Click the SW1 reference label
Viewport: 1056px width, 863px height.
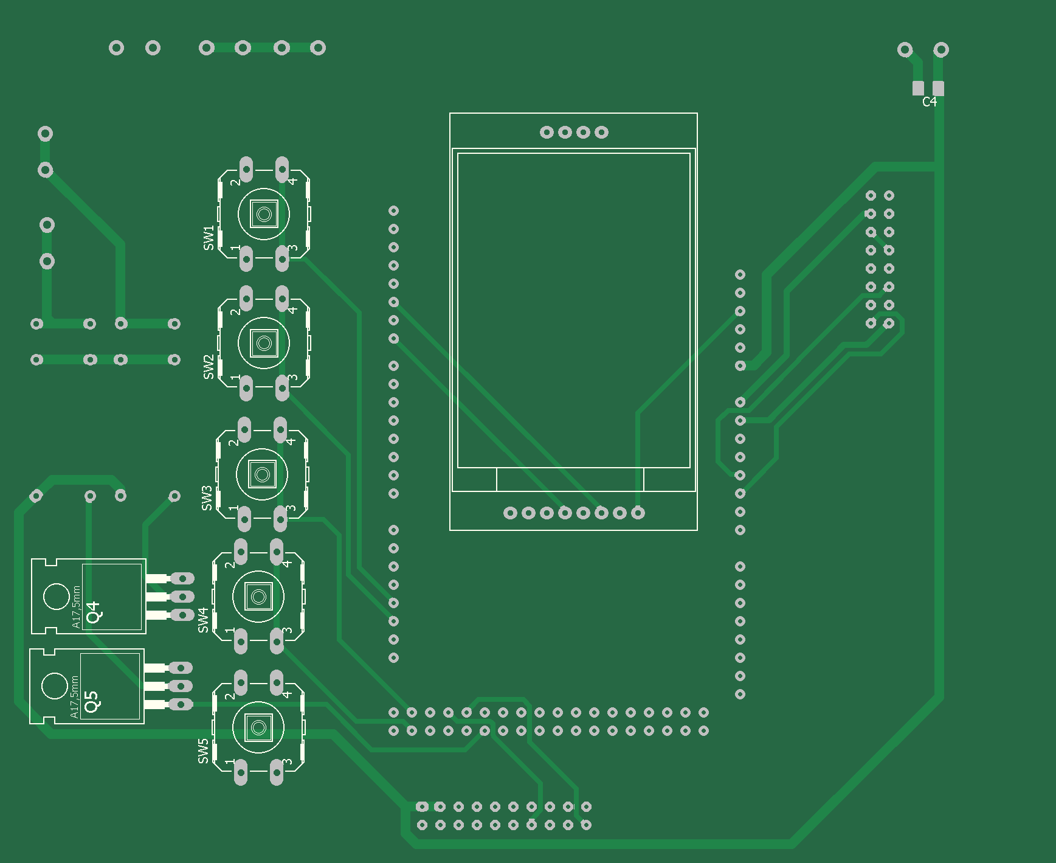[x=209, y=238]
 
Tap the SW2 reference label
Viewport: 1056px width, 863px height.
[x=209, y=367]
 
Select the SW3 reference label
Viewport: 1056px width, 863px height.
[x=207, y=498]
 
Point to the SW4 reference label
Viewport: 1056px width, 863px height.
[x=203, y=620]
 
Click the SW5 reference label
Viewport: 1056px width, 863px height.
[x=203, y=751]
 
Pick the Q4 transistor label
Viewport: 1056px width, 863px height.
[x=94, y=612]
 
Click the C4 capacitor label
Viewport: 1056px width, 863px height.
[x=930, y=102]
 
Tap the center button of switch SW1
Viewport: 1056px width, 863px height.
[x=264, y=214]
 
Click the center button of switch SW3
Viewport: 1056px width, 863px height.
[x=262, y=474]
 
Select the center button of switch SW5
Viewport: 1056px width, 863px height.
[x=258, y=727]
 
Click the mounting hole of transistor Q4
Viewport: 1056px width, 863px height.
[x=57, y=597]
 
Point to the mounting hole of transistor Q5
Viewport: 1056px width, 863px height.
[x=55, y=686]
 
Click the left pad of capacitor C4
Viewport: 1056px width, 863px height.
[x=918, y=88]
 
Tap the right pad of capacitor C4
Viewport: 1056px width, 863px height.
[x=938, y=88]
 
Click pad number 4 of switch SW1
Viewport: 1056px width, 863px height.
[x=282, y=168]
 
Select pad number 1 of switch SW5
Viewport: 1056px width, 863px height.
[x=241, y=772]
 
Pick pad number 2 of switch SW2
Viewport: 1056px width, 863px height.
[x=246, y=298]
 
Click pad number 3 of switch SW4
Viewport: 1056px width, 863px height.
[x=277, y=640]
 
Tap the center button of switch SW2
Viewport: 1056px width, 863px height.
[x=264, y=344]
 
